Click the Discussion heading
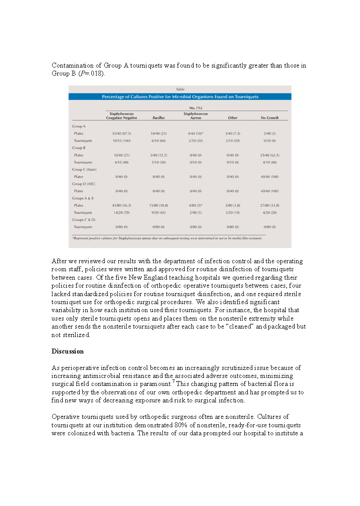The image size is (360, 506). point(68,351)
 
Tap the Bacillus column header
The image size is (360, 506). point(159,118)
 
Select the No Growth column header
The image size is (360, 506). point(270,118)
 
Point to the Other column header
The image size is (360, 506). point(232,118)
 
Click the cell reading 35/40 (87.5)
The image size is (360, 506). point(121,133)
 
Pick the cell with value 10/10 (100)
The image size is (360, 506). point(121,141)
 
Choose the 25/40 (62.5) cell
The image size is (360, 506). point(270,155)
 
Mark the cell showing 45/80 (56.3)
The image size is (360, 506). point(121,205)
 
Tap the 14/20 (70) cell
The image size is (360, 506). point(121,213)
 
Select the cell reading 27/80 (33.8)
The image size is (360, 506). point(270,205)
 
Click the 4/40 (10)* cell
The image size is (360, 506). point(195,133)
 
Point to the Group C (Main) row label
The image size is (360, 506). point(84,169)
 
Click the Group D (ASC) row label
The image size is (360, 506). point(84,184)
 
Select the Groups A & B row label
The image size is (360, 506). point(83,198)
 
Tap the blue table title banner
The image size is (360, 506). point(180,96)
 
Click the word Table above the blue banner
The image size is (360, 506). point(180,89)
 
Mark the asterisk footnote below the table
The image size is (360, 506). point(167,238)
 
